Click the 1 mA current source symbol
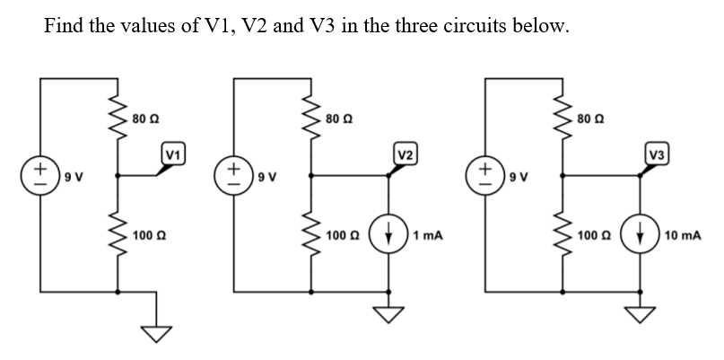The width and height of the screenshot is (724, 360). [x=388, y=237]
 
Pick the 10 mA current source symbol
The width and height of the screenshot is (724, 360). [x=641, y=237]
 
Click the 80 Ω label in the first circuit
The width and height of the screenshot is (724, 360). [x=144, y=118]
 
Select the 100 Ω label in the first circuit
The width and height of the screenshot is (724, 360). [x=147, y=236]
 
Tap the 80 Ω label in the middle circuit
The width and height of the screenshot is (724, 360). [x=341, y=118]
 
